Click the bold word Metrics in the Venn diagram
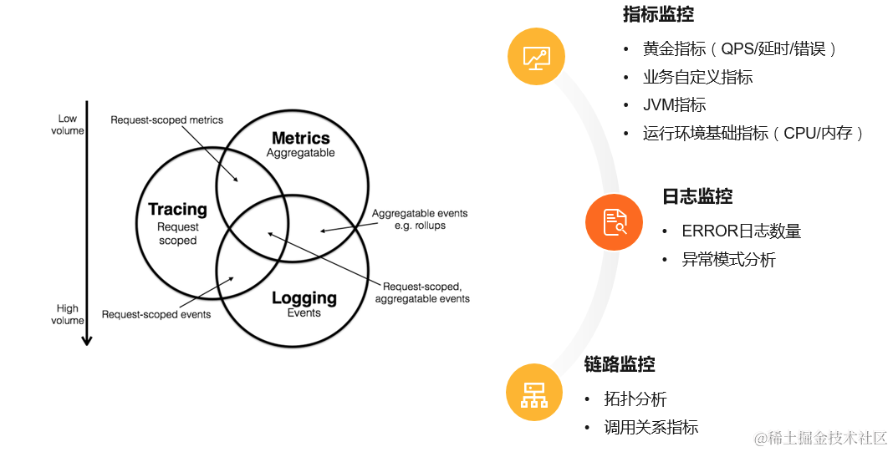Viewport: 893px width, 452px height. coord(301,138)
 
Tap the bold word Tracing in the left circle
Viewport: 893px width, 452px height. coord(177,209)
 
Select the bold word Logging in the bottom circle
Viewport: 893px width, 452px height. coord(304,297)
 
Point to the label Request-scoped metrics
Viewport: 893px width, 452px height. coord(167,120)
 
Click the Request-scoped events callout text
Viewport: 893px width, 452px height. coord(156,315)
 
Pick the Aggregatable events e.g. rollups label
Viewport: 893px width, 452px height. coord(420,219)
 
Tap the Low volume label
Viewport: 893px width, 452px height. coord(68,124)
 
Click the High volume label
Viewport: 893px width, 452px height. coord(68,314)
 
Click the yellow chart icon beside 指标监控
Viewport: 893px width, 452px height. coord(536,57)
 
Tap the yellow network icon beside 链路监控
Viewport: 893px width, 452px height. coord(534,392)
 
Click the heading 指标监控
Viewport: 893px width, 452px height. coord(658,15)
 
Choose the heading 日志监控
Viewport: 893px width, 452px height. coord(697,196)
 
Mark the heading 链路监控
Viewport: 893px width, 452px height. coord(620,364)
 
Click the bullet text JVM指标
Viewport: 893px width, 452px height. coord(675,104)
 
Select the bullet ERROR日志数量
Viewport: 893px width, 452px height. coord(742,231)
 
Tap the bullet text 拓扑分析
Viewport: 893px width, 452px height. coord(635,399)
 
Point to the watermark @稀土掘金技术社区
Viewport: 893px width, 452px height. coord(820,438)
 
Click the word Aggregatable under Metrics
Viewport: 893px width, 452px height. coord(301,153)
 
